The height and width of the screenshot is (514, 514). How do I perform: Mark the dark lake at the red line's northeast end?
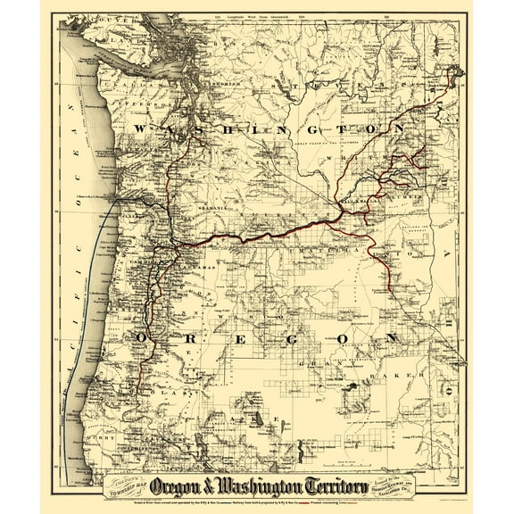click(x=462, y=74)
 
